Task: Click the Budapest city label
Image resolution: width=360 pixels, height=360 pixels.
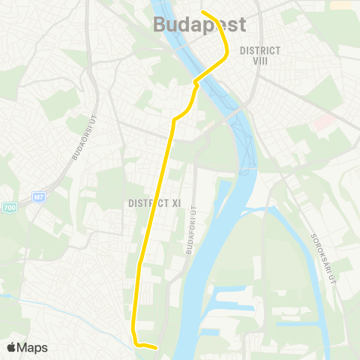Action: (x=199, y=25)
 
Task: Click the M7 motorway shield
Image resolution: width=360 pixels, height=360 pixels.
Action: (x=39, y=197)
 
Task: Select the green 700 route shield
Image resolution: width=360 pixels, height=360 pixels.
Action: (x=9, y=207)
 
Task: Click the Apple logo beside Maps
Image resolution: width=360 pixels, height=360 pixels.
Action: (x=11, y=347)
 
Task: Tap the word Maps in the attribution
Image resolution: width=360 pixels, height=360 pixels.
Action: (x=32, y=347)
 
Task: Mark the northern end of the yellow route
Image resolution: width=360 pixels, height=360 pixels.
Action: (x=203, y=12)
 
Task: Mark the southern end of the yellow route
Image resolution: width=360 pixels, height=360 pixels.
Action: (x=155, y=347)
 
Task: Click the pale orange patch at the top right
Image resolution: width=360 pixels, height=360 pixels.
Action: (x=341, y=5)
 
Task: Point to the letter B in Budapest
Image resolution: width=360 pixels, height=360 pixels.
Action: (x=160, y=25)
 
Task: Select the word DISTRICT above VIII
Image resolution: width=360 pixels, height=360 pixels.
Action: (x=259, y=50)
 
